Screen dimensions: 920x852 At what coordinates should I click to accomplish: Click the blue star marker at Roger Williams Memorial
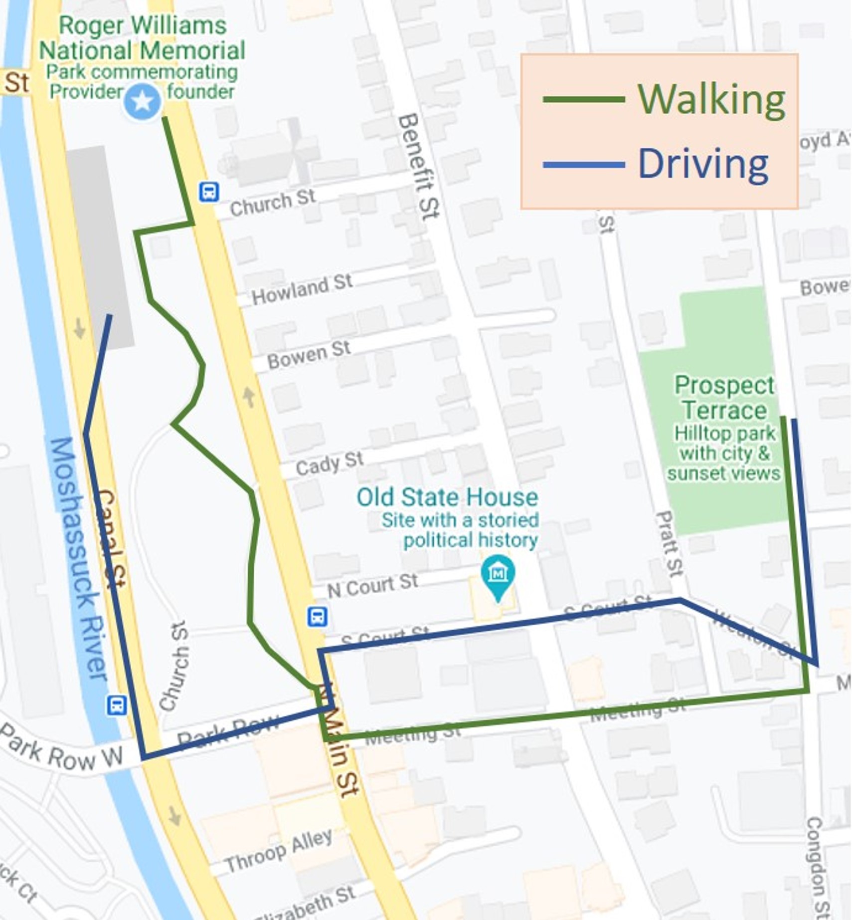(x=143, y=102)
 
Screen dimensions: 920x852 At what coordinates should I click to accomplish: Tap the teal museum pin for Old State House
(x=498, y=574)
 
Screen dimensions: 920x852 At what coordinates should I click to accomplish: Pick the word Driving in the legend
(x=703, y=164)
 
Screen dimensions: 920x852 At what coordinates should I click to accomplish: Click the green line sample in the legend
(x=583, y=99)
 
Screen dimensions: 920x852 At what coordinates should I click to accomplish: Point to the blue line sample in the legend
(x=583, y=164)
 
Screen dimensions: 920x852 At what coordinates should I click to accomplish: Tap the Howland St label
(x=302, y=289)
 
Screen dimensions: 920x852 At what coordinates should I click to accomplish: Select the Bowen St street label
(x=309, y=354)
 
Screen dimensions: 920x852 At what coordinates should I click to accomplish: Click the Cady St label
(x=329, y=463)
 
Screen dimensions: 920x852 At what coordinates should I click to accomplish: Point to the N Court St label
(x=372, y=585)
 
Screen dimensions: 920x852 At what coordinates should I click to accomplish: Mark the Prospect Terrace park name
(x=724, y=398)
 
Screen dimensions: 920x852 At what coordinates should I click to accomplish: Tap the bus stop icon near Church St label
(x=209, y=192)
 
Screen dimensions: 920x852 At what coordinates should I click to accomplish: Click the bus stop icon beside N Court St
(x=318, y=617)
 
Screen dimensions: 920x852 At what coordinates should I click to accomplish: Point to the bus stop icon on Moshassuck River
(x=117, y=705)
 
